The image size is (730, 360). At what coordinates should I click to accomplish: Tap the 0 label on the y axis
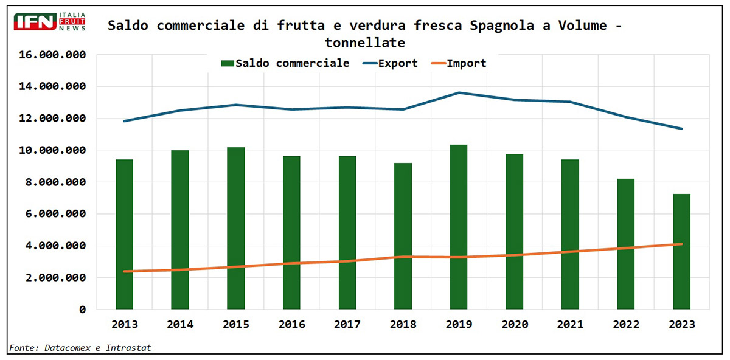coord(82,310)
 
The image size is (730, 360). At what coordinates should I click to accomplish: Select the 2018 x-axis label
coord(403,325)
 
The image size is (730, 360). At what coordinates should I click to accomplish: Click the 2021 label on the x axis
coord(570,325)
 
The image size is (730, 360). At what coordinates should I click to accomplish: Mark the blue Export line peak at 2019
coord(459,93)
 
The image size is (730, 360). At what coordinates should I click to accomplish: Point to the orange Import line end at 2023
coord(681,244)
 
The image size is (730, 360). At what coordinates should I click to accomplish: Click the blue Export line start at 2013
coord(124,121)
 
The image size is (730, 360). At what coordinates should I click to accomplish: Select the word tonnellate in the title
coord(365,43)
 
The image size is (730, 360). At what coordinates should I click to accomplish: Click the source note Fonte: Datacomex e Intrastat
coord(80,348)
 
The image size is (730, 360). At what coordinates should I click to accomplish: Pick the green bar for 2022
coord(626,244)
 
